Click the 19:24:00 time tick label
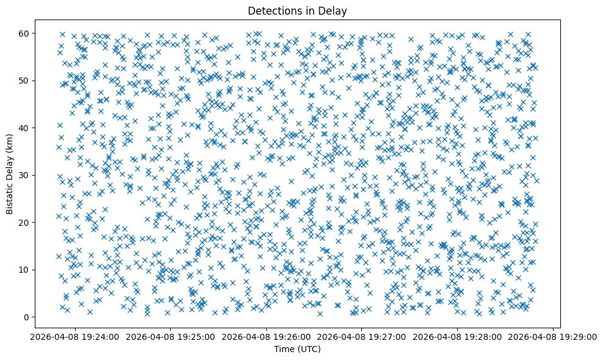click(74, 336)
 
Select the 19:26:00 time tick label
click(266, 336)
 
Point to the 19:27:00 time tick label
click(362, 336)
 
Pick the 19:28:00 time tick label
click(458, 336)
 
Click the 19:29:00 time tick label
click(554, 336)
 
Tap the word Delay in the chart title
click(333, 10)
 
